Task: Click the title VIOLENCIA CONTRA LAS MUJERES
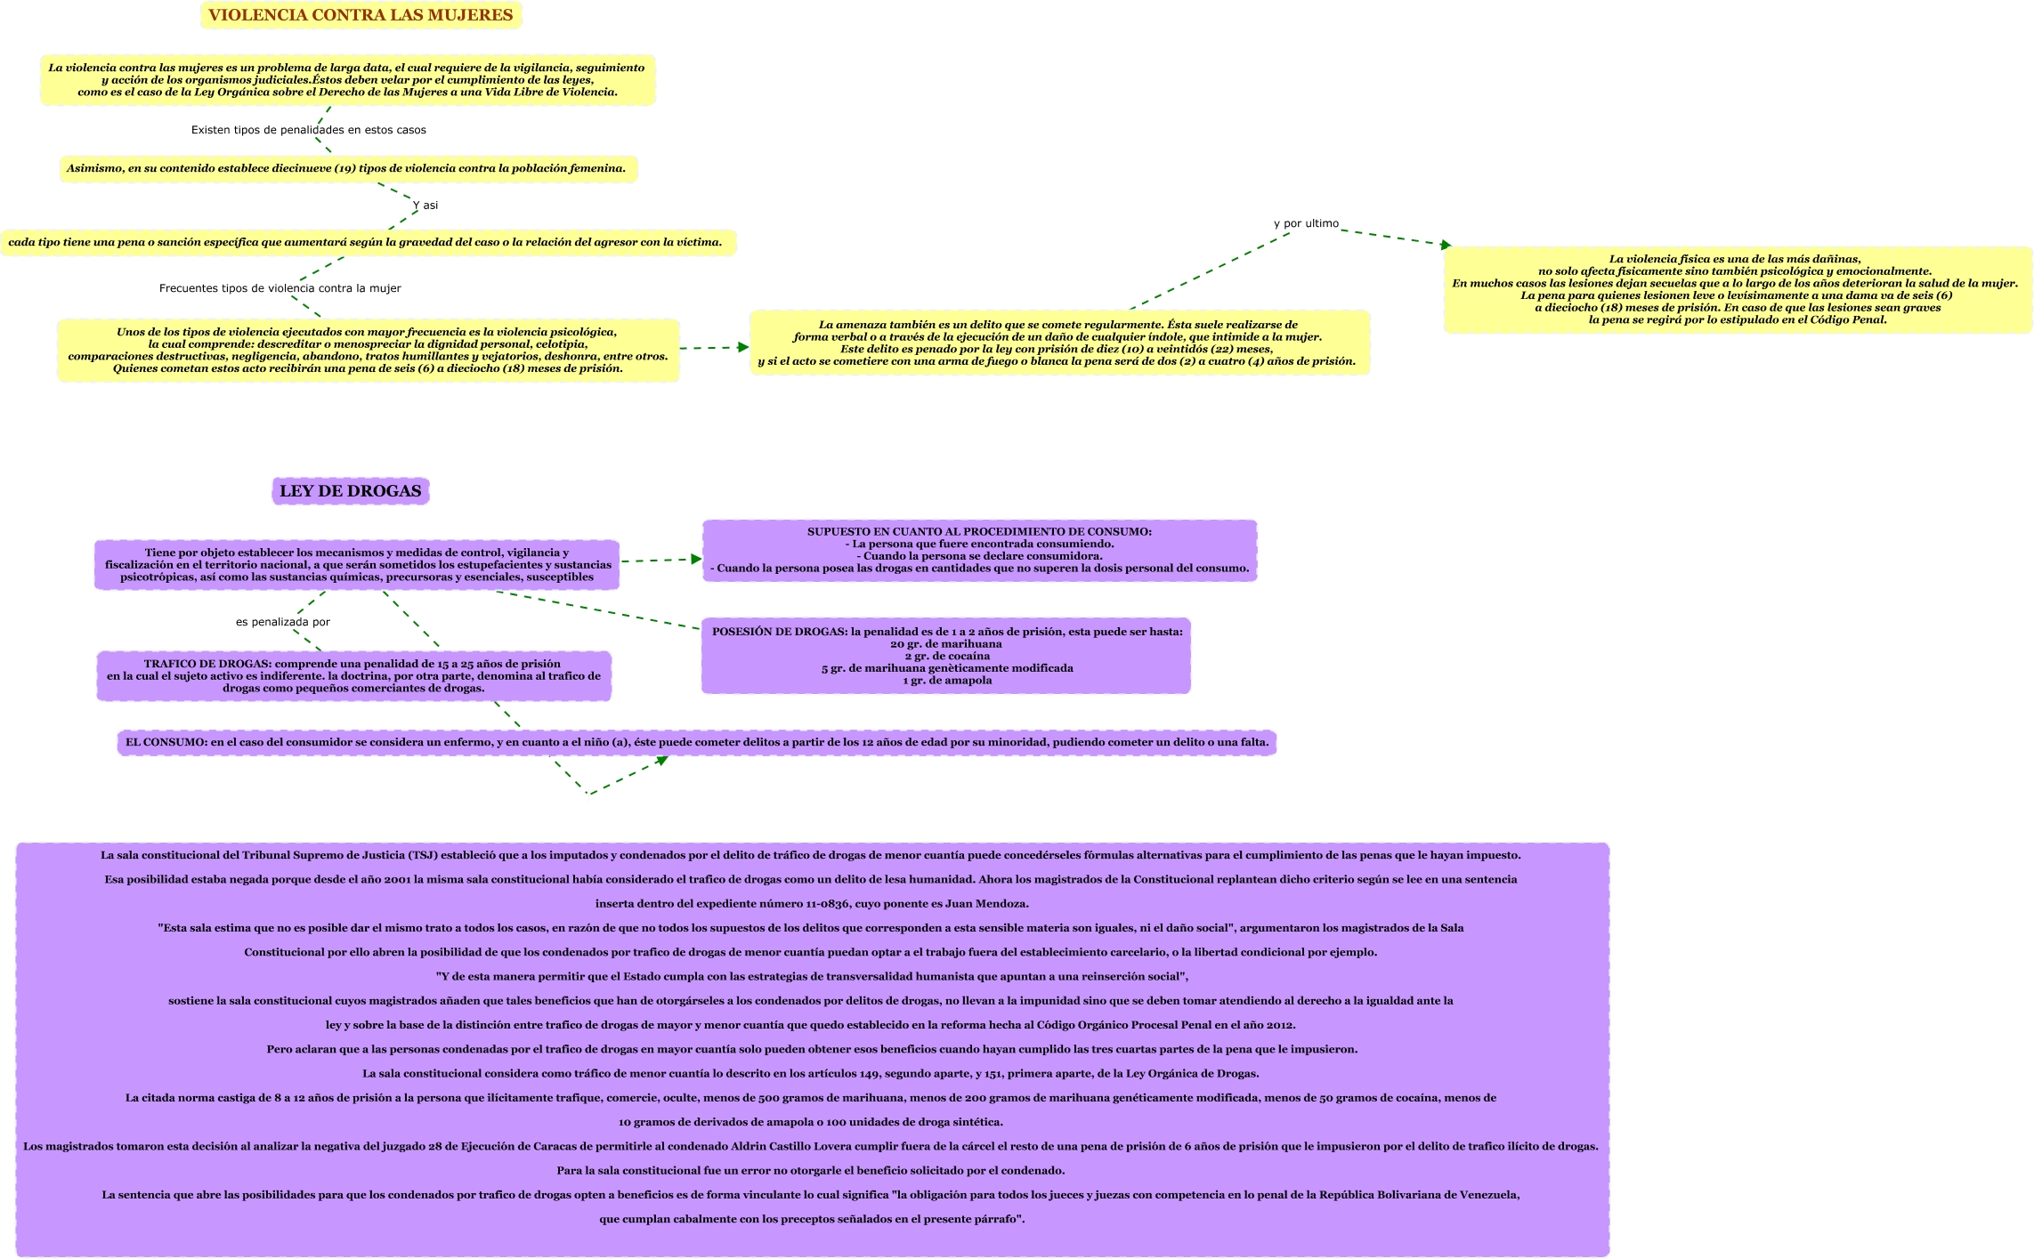361,15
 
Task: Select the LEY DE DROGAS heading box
350,491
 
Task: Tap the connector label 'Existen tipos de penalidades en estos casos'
309,130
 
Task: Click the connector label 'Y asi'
425,206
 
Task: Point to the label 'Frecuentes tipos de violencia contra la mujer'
280,288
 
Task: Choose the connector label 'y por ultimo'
1306,223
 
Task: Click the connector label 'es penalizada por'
283,622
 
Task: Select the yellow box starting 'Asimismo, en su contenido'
347,169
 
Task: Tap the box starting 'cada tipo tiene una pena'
366,242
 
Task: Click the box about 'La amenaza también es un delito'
1058,343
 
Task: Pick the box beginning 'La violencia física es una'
1737,289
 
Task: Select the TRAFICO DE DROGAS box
353,676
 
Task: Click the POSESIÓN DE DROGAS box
946,656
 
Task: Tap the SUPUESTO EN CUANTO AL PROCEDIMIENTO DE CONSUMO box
979,550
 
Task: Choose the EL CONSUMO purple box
697,742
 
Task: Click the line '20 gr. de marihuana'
946,644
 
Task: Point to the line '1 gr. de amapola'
947,681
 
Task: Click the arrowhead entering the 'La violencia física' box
1446,245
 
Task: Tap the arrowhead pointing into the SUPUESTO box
697,560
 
